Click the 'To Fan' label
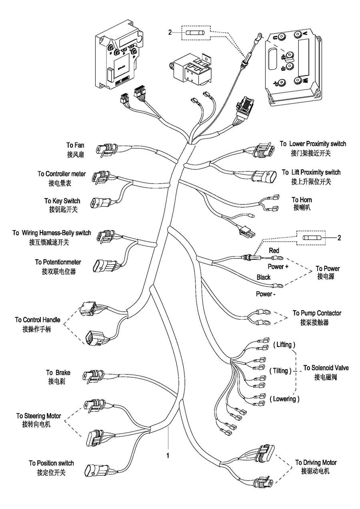pyautogui.click(x=75, y=145)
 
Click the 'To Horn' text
pyautogui.click(x=302, y=200)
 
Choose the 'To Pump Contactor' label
pyautogui.click(x=317, y=313)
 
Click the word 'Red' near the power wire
pyautogui.click(x=274, y=251)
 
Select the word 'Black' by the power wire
pyautogui.click(x=263, y=277)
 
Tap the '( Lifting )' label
pyautogui.click(x=284, y=344)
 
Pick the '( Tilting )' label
pyautogui.click(x=280, y=371)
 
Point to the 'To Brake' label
pyautogui.click(x=58, y=373)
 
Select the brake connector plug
pyautogui.click(x=93, y=376)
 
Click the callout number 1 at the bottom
pyautogui.click(x=168, y=455)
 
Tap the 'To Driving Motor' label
pyautogui.click(x=316, y=463)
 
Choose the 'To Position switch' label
pyautogui.click(x=51, y=463)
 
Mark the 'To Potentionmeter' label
pyautogui.click(x=58, y=262)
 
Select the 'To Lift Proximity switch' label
pyautogui.click(x=311, y=172)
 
